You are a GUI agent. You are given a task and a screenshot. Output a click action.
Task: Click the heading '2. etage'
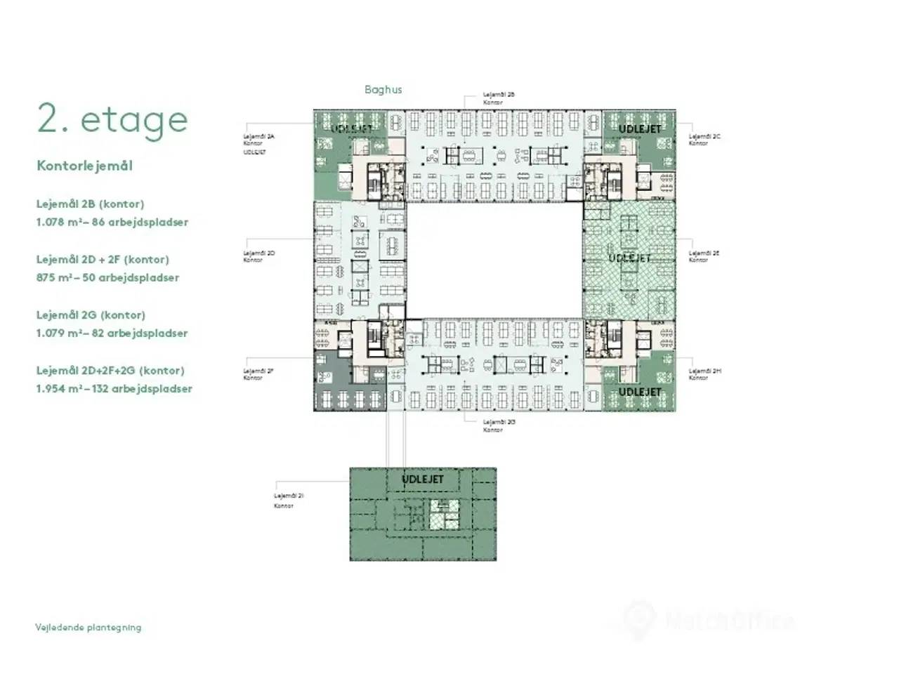point(112,119)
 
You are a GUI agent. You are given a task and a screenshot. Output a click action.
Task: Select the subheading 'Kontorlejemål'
point(84,166)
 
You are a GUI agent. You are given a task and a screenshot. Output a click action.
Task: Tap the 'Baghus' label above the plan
point(383,90)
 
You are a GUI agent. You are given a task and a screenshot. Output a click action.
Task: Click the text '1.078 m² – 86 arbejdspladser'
point(112,222)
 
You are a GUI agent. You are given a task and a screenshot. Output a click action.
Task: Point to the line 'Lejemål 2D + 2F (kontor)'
point(103,259)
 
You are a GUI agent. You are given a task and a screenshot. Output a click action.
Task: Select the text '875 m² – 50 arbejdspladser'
point(107,277)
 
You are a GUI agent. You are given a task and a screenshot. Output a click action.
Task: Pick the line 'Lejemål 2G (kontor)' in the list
point(91,315)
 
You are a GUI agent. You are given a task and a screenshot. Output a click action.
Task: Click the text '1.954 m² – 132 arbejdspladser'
point(114,388)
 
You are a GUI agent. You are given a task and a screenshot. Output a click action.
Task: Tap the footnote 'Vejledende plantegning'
point(88,627)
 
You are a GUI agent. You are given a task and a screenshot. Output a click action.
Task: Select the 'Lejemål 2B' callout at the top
point(499,95)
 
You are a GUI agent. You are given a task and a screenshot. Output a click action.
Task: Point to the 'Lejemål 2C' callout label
point(704,136)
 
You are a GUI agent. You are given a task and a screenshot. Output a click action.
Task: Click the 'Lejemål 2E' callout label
point(704,253)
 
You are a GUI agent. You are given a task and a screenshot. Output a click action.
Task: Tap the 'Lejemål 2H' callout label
point(704,371)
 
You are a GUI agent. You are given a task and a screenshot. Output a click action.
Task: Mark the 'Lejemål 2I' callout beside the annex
point(288,496)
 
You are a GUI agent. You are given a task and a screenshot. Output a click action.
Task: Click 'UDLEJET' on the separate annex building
point(423,480)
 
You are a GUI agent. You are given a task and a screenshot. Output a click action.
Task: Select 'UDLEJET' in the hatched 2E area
point(629,258)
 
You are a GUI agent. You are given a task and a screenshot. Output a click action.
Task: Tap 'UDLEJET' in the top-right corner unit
point(639,129)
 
